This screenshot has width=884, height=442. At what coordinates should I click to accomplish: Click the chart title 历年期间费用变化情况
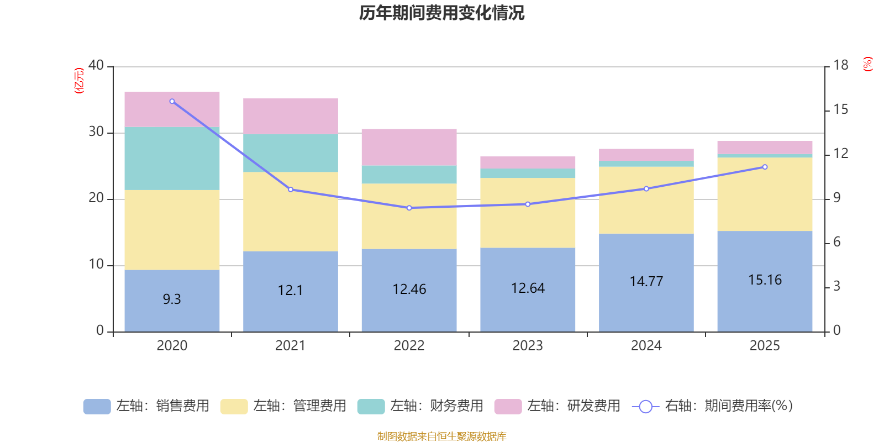click(441, 13)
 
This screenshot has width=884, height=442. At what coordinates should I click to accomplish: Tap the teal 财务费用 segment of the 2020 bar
click(172, 159)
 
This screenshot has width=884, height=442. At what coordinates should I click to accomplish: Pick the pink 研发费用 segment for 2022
click(409, 147)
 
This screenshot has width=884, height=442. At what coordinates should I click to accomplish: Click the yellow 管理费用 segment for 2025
click(765, 194)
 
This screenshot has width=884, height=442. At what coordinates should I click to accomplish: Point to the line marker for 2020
click(172, 101)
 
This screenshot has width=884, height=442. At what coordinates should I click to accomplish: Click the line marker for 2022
click(409, 208)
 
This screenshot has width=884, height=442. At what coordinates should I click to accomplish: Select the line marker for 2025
click(765, 167)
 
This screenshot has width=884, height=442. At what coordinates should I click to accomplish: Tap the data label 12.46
click(409, 289)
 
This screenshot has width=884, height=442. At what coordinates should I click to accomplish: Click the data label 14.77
click(646, 281)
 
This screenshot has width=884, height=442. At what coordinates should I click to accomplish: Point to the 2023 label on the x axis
click(528, 346)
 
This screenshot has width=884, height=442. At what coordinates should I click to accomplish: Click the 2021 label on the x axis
click(290, 346)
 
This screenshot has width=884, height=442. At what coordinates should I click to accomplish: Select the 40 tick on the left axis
click(96, 65)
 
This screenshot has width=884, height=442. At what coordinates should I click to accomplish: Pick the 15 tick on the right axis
click(840, 109)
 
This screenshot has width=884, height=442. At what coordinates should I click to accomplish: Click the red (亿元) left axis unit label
click(79, 81)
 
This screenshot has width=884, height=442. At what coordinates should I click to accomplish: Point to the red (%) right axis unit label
click(868, 64)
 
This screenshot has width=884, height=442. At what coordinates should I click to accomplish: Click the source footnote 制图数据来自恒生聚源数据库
click(441, 436)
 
